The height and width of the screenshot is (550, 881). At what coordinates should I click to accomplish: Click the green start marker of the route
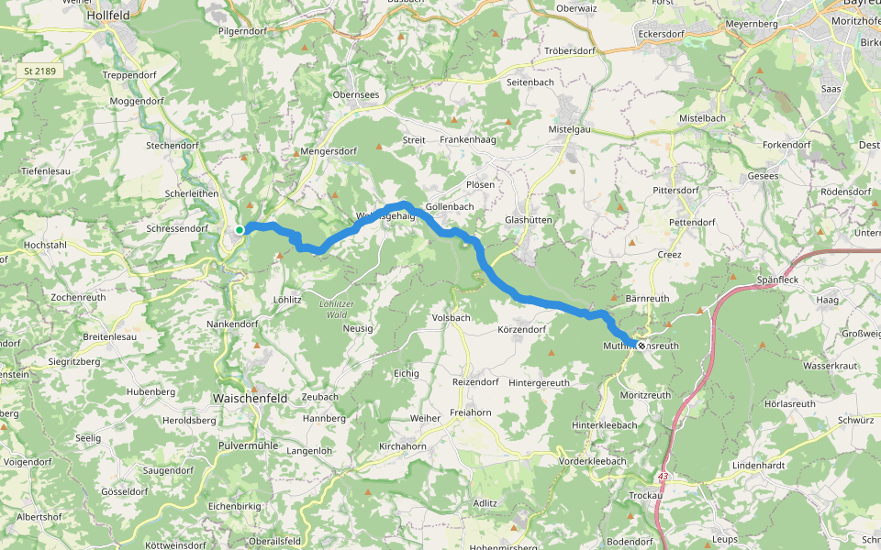tap(239, 229)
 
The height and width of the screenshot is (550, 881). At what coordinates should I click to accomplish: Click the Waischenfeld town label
tap(250, 399)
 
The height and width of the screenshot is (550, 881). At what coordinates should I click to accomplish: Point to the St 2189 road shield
tap(40, 71)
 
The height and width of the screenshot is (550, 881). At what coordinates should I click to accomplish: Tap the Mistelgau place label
tap(569, 130)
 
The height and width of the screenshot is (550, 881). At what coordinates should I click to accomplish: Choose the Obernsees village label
tap(355, 95)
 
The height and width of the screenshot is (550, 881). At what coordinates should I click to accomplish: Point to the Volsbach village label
tap(451, 318)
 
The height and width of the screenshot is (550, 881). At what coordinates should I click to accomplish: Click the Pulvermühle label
tap(247, 445)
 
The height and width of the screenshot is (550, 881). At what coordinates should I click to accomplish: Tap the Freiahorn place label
tap(472, 413)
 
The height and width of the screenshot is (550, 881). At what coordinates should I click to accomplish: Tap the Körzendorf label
tap(521, 329)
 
